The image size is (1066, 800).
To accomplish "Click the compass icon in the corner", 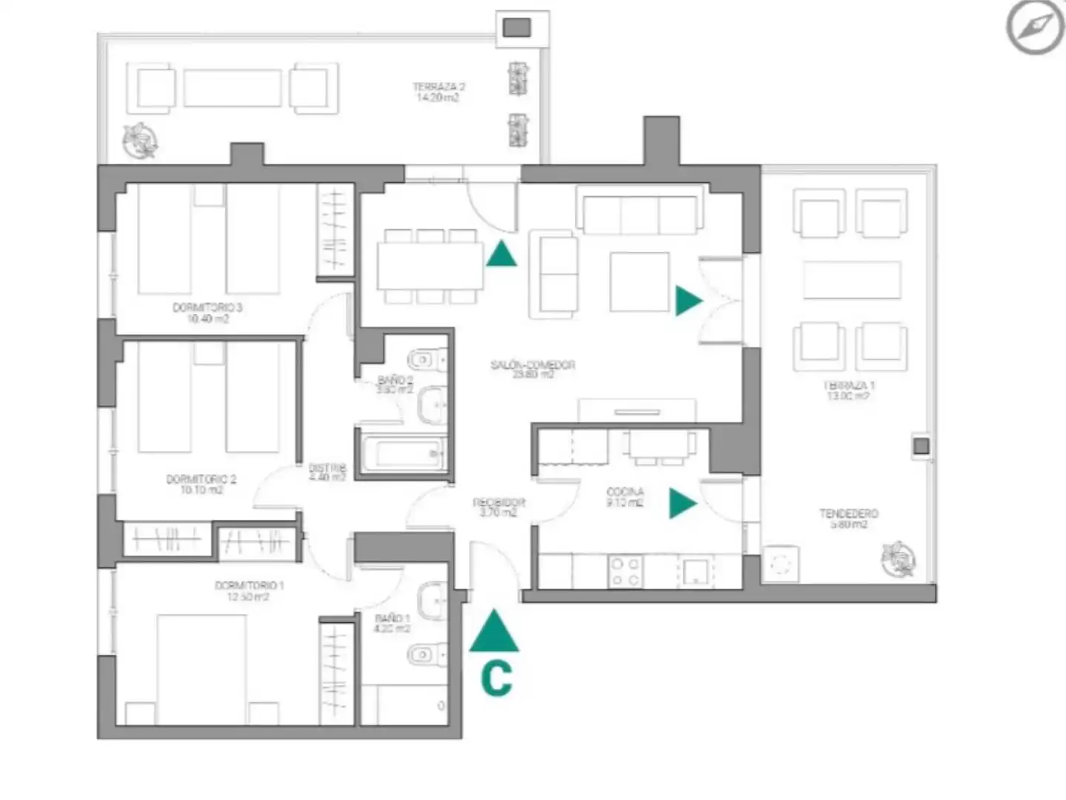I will click(x=1034, y=27).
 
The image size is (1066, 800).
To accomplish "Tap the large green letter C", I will click(x=496, y=678).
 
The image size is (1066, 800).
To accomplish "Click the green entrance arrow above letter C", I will click(x=494, y=632).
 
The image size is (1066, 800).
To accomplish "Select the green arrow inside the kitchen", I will click(x=682, y=503).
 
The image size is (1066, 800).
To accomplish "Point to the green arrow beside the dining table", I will click(x=502, y=255).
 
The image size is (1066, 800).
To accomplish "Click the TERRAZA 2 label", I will click(x=439, y=92).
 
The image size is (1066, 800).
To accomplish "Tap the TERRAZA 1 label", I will click(x=848, y=390).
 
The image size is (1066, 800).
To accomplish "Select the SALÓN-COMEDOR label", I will click(x=533, y=369).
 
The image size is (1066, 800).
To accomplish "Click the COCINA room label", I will click(x=624, y=496).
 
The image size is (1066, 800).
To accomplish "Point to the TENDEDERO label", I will click(x=848, y=519).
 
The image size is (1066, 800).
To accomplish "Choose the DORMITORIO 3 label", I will click(x=207, y=313).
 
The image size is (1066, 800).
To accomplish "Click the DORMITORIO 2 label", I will click(x=201, y=484).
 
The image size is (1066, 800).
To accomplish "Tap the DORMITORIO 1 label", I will click(x=249, y=590).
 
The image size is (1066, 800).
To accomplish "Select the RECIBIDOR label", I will click(x=499, y=507).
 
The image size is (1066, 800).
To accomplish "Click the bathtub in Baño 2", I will click(x=402, y=453).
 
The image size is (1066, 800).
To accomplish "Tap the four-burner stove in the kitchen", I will click(x=625, y=572).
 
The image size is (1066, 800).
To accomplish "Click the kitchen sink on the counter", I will click(x=695, y=572).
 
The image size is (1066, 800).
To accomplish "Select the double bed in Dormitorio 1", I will click(x=201, y=667).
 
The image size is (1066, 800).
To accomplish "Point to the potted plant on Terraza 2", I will click(x=140, y=141).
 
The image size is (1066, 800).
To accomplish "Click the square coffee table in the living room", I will click(x=639, y=281).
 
